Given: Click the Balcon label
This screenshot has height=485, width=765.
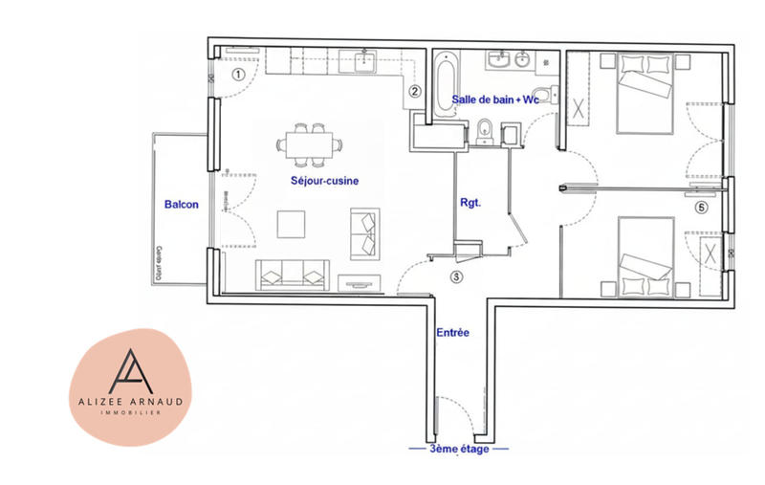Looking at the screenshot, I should click(x=182, y=204).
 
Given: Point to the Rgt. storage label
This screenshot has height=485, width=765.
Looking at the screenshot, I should click(x=470, y=203).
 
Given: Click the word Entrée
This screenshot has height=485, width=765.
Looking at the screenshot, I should click(x=452, y=333).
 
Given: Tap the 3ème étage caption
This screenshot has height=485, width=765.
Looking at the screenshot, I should click(x=457, y=448).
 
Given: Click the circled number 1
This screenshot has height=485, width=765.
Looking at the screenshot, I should click(x=240, y=72).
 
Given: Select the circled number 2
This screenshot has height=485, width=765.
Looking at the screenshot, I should click(x=415, y=92).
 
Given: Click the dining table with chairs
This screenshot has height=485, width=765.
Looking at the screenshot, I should click(x=308, y=143).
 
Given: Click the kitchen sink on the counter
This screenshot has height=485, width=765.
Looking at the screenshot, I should click(x=367, y=62).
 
